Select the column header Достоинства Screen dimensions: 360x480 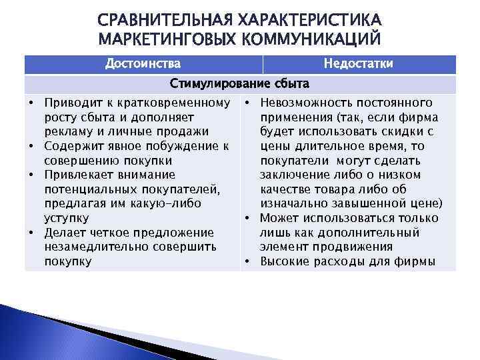coord(143,63)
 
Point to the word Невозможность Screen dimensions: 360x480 coord(301,103)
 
